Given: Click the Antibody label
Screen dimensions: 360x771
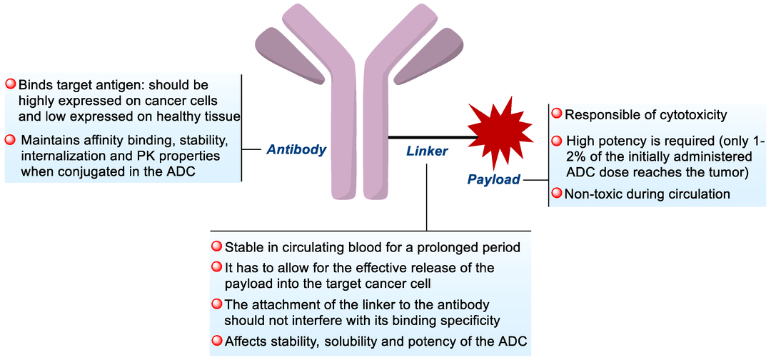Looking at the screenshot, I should [x=296, y=150].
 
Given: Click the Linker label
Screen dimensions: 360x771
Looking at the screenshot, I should [x=427, y=151].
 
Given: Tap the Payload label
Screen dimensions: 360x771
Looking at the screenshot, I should [x=494, y=179].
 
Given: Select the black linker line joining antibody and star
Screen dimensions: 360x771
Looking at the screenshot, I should [x=428, y=136].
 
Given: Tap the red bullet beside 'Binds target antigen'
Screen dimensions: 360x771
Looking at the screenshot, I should [x=11, y=84].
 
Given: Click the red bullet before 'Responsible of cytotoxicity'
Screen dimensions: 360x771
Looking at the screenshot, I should [x=556, y=114].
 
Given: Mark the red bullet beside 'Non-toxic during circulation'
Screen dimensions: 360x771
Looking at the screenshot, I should [x=556, y=193].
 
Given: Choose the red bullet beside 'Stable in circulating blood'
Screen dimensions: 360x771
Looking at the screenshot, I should [x=216, y=247].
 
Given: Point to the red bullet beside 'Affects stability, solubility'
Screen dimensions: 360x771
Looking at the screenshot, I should [x=216, y=341].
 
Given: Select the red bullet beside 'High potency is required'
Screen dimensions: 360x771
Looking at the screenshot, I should [x=556, y=140].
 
